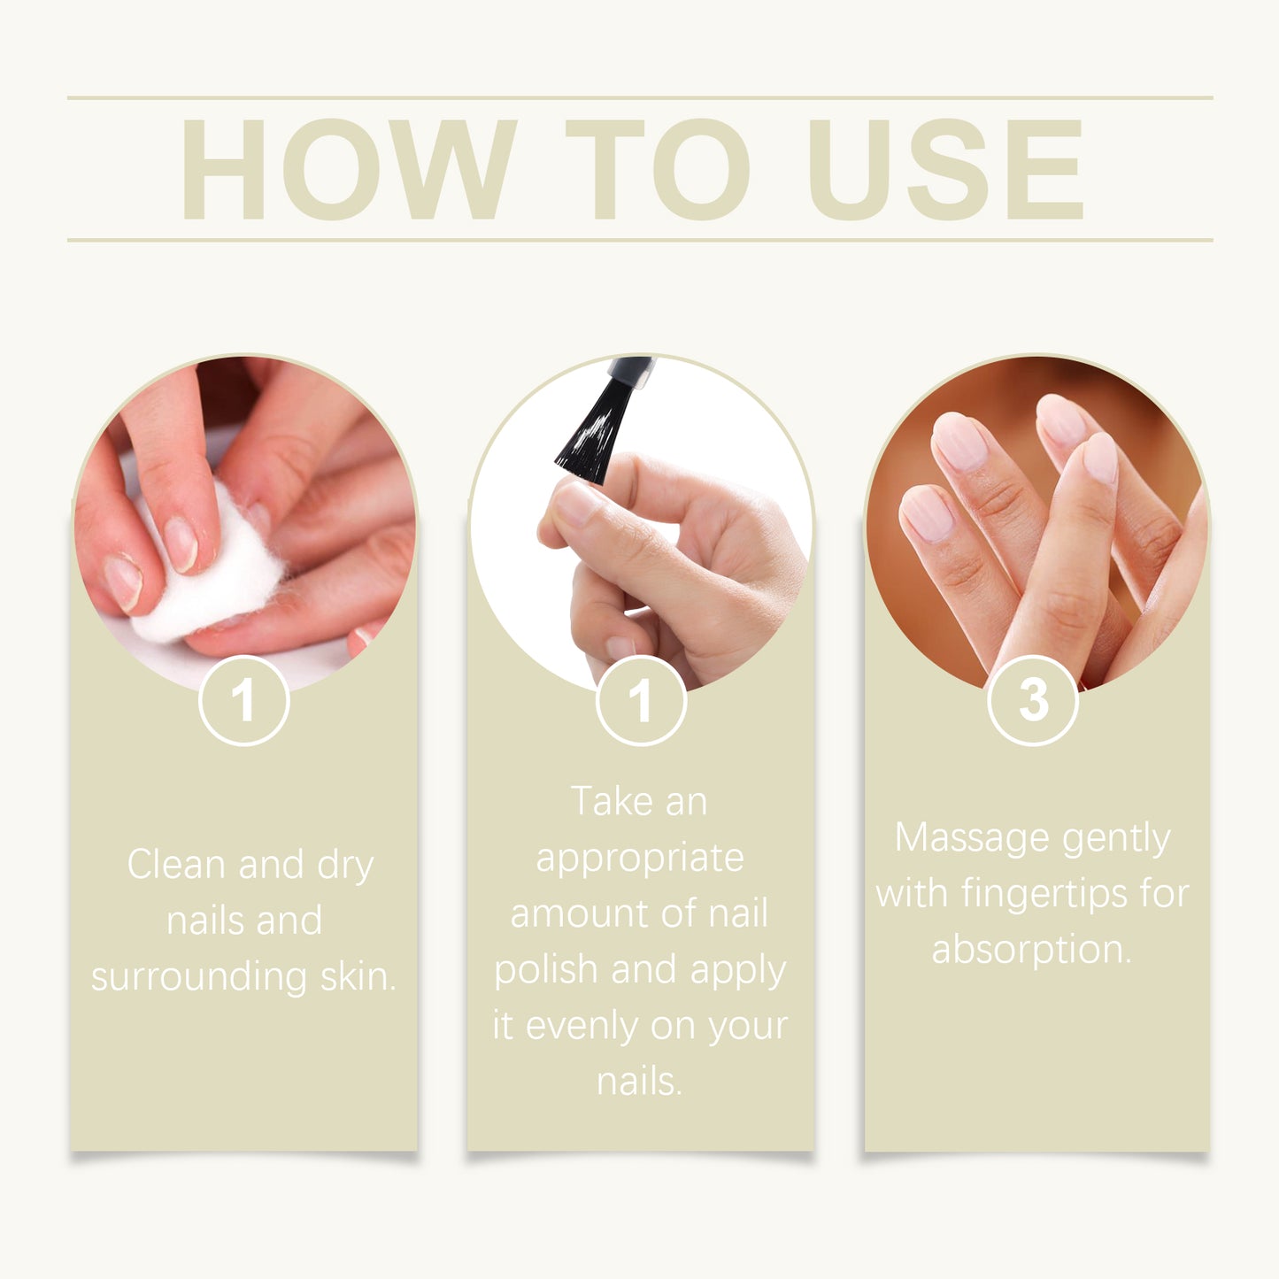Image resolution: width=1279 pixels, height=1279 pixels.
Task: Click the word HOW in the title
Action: coord(348,169)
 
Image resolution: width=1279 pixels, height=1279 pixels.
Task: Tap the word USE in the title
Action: coord(945,169)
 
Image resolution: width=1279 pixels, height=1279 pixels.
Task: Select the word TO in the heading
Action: coord(658,169)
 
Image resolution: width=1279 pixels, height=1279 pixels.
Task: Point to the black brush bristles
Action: coord(591,434)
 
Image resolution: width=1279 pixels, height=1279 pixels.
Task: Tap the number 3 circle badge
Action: coord(1033,700)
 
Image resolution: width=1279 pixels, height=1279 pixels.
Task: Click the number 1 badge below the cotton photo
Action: coord(243,700)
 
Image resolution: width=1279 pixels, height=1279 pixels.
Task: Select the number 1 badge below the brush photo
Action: coord(641,700)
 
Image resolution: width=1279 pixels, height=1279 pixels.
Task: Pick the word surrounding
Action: coord(199,976)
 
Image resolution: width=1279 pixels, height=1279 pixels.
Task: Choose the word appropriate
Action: coord(640,859)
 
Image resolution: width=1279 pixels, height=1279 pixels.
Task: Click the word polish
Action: coord(545,970)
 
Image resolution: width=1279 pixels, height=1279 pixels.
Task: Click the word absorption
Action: coord(1031,950)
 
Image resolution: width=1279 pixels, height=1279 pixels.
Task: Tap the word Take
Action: coord(611,802)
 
